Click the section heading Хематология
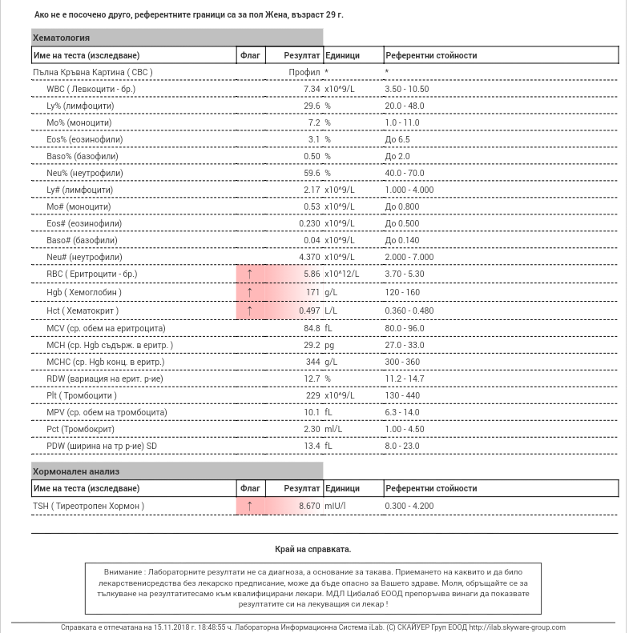(61, 38)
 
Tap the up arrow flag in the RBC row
(249, 274)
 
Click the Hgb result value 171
(312, 292)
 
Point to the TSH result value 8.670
(309, 506)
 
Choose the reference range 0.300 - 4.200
(409, 506)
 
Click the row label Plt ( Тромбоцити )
(82, 395)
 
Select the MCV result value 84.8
(311, 328)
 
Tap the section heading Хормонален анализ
(76, 471)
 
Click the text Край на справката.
(312, 549)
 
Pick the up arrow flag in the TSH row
(249, 506)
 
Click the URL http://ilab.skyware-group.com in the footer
(516, 627)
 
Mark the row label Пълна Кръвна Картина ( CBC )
(93, 72)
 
